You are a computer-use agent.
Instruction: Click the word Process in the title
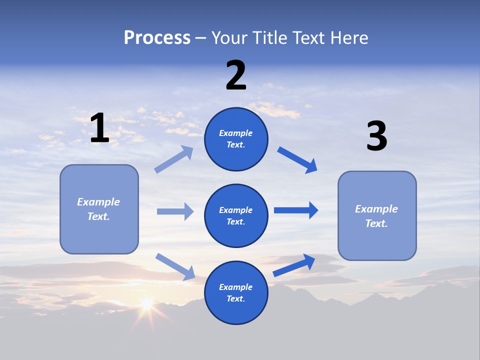(157, 38)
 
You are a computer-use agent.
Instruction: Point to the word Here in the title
(348, 38)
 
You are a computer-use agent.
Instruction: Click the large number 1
(99, 128)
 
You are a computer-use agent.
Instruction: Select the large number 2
(236, 75)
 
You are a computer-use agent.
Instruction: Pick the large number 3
(376, 136)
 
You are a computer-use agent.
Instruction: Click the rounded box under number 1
(99, 209)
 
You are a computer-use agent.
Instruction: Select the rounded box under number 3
(377, 215)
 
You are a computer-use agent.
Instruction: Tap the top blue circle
(236, 139)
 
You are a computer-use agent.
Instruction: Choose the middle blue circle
(236, 215)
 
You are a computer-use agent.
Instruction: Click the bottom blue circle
(236, 292)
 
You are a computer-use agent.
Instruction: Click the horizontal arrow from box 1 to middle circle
(175, 211)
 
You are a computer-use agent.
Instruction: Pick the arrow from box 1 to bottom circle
(175, 266)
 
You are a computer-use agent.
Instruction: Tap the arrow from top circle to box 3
(297, 160)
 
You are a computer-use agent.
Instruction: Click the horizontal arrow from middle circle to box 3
(296, 210)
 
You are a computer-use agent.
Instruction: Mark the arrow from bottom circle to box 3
(294, 265)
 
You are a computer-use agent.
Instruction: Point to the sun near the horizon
(146, 303)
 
